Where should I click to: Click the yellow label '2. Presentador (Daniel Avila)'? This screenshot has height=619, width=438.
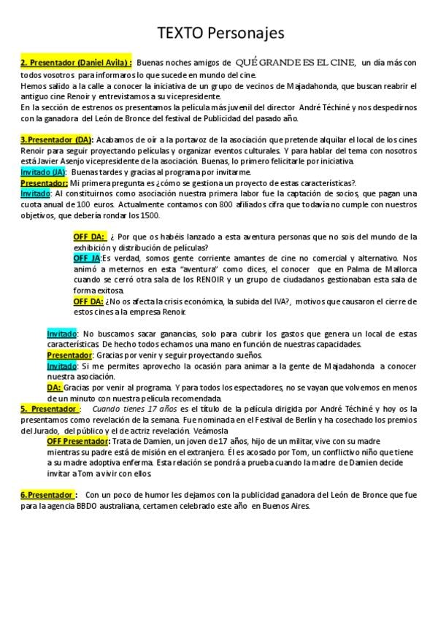pyautogui.click(x=76, y=64)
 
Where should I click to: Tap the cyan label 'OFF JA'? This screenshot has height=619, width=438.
pyautogui.click(x=87, y=258)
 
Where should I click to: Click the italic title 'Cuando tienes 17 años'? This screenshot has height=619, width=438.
pyautogui.click(x=131, y=409)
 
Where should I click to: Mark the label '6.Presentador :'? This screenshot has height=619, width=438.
pyautogui.click(x=49, y=495)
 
